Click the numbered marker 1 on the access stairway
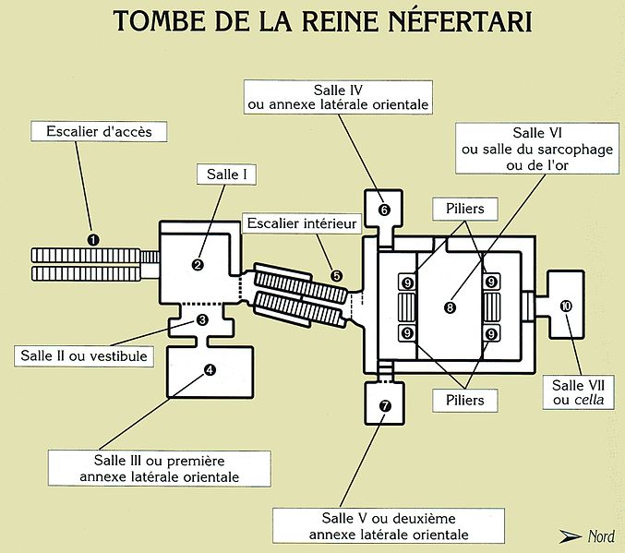(92, 239)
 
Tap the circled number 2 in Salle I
(198, 265)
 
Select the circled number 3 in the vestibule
(202, 319)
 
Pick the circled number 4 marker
(210, 370)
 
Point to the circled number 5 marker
(336, 275)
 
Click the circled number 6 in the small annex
(385, 210)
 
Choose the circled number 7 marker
(385, 405)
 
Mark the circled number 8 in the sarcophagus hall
(450, 307)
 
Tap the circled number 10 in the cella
(566, 306)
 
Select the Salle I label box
(224, 173)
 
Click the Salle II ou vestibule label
(83, 355)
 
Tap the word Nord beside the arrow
(604, 535)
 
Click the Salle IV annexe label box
(339, 97)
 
